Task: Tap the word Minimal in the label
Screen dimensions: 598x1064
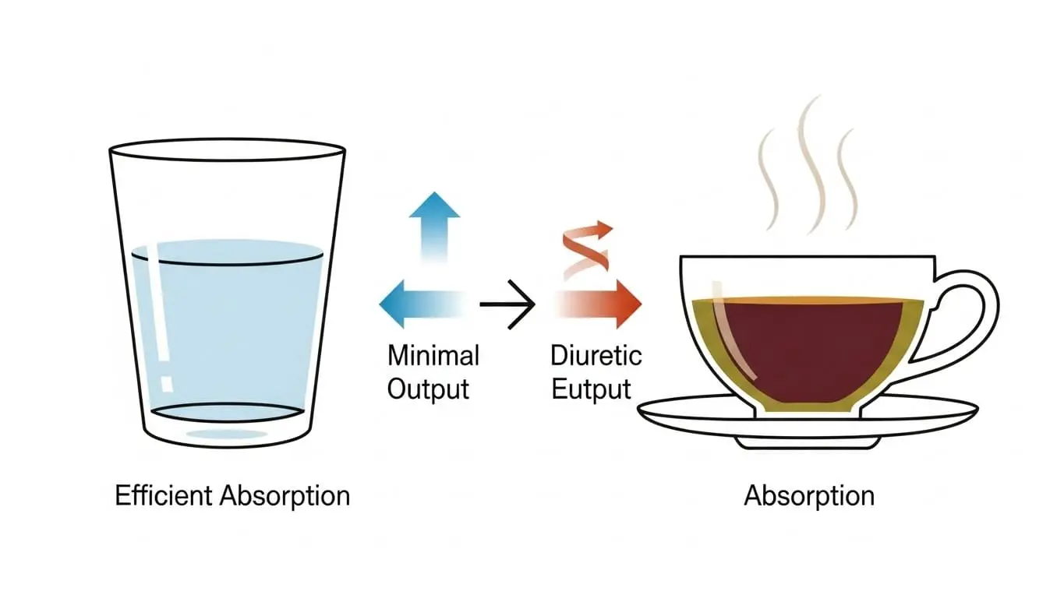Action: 433,356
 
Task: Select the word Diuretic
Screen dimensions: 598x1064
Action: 596,356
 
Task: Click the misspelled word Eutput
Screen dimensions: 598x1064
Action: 591,388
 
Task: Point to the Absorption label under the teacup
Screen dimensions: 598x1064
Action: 809,495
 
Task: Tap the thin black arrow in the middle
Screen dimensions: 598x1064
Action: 507,303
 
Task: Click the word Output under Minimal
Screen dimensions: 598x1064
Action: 428,388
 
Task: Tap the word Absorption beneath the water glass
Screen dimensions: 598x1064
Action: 285,495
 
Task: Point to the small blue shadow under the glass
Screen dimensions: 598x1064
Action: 227,434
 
